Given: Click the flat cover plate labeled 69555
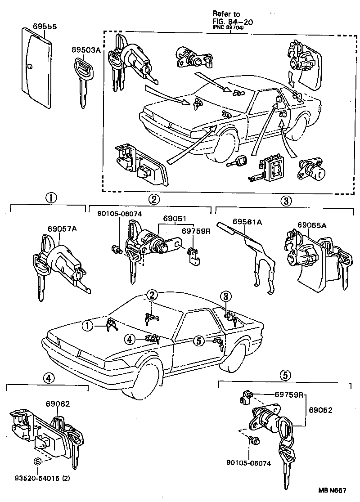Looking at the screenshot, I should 36,67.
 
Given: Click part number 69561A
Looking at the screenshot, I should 248,221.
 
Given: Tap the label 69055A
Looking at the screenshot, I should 311,224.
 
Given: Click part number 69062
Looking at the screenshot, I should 57,403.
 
